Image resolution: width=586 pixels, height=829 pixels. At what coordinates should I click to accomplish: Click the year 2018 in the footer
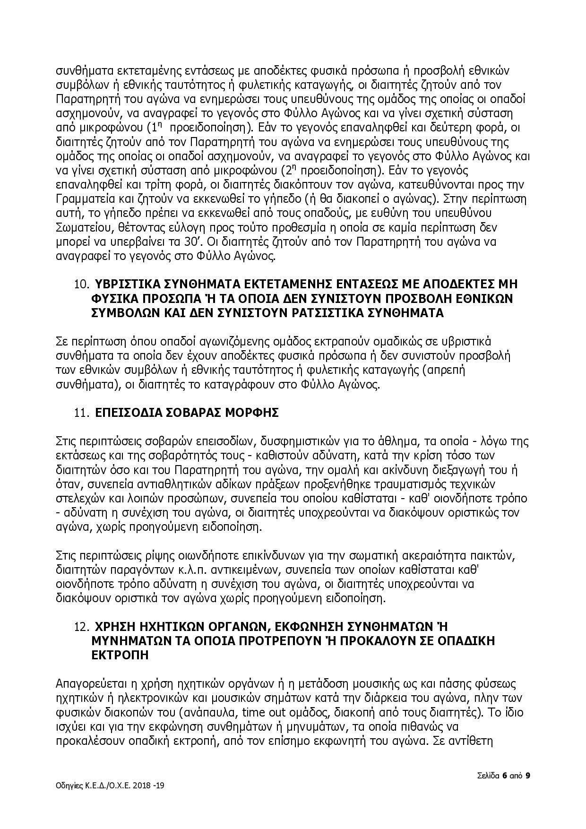tap(142, 785)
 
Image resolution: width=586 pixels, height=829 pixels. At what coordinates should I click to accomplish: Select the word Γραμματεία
tap(83, 199)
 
